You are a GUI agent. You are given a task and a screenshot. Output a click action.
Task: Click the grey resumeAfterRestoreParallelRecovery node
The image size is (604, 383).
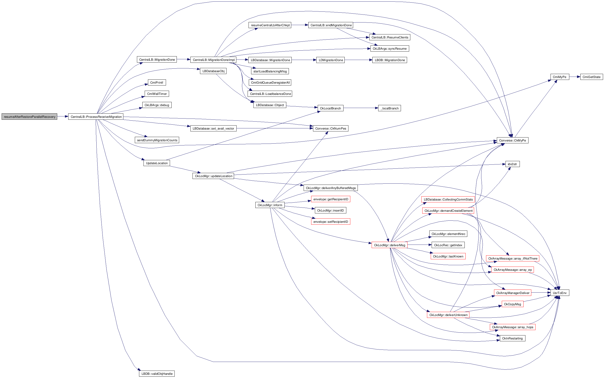(x=29, y=117)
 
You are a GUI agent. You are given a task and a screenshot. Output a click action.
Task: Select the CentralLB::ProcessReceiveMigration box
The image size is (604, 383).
(x=96, y=117)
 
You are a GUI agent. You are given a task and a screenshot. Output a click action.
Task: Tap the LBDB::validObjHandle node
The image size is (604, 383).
(x=157, y=373)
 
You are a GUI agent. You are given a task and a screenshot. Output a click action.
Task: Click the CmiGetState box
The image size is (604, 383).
(x=591, y=77)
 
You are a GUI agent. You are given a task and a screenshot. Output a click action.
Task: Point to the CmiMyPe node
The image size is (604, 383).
(x=559, y=77)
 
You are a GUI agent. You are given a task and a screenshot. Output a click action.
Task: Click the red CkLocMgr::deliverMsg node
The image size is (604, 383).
(x=389, y=245)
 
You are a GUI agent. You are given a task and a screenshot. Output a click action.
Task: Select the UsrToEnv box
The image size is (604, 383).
(x=559, y=293)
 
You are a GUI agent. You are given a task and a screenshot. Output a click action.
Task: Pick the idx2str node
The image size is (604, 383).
(x=512, y=164)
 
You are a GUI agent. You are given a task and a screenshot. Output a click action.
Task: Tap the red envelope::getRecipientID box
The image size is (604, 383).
(x=331, y=199)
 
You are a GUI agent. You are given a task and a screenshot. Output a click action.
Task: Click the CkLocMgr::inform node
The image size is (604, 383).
(x=270, y=205)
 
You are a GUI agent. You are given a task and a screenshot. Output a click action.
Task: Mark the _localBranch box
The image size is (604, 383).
(x=389, y=108)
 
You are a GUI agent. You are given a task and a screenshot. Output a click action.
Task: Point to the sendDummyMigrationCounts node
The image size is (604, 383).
(x=157, y=140)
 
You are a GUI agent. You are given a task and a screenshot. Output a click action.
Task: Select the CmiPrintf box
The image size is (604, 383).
(x=157, y=82)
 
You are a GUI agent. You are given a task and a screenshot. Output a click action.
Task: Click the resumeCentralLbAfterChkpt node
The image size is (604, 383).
(x=270, y=25)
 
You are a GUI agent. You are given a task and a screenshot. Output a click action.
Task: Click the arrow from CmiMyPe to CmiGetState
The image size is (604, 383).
(x=574, y=77)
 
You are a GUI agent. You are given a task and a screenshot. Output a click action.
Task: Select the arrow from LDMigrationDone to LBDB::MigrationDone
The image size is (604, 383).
(x=358, y=60)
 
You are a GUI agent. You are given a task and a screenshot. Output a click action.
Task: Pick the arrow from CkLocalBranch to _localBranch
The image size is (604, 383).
(x=361, y=108)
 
